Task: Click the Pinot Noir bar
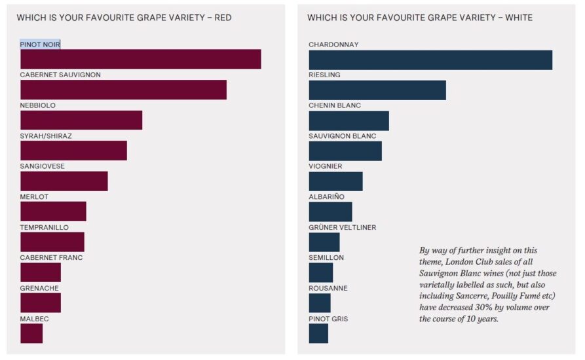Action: [x=140, y=59]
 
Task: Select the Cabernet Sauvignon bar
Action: [x=123, y=90]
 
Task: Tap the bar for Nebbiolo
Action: [x=81, y=120]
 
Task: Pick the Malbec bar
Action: [x=31, y=333]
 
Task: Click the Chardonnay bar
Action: [x=430, y=60]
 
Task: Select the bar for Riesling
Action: [x=377, y=90]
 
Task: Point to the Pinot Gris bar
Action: [x=318, y=333]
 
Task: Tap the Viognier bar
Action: [x=335, y=181]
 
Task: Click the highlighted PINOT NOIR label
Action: [x=40, y=45]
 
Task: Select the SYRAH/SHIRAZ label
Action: [x=46, y=136]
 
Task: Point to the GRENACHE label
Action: [x=39, y=288]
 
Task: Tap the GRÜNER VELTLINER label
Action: [x=342, y=227]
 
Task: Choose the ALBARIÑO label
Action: [x=326, y=197]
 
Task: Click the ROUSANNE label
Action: [x=328, y=288]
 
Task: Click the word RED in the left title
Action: [x=223, y=18]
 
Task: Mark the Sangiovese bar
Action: [x=64, y=181]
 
